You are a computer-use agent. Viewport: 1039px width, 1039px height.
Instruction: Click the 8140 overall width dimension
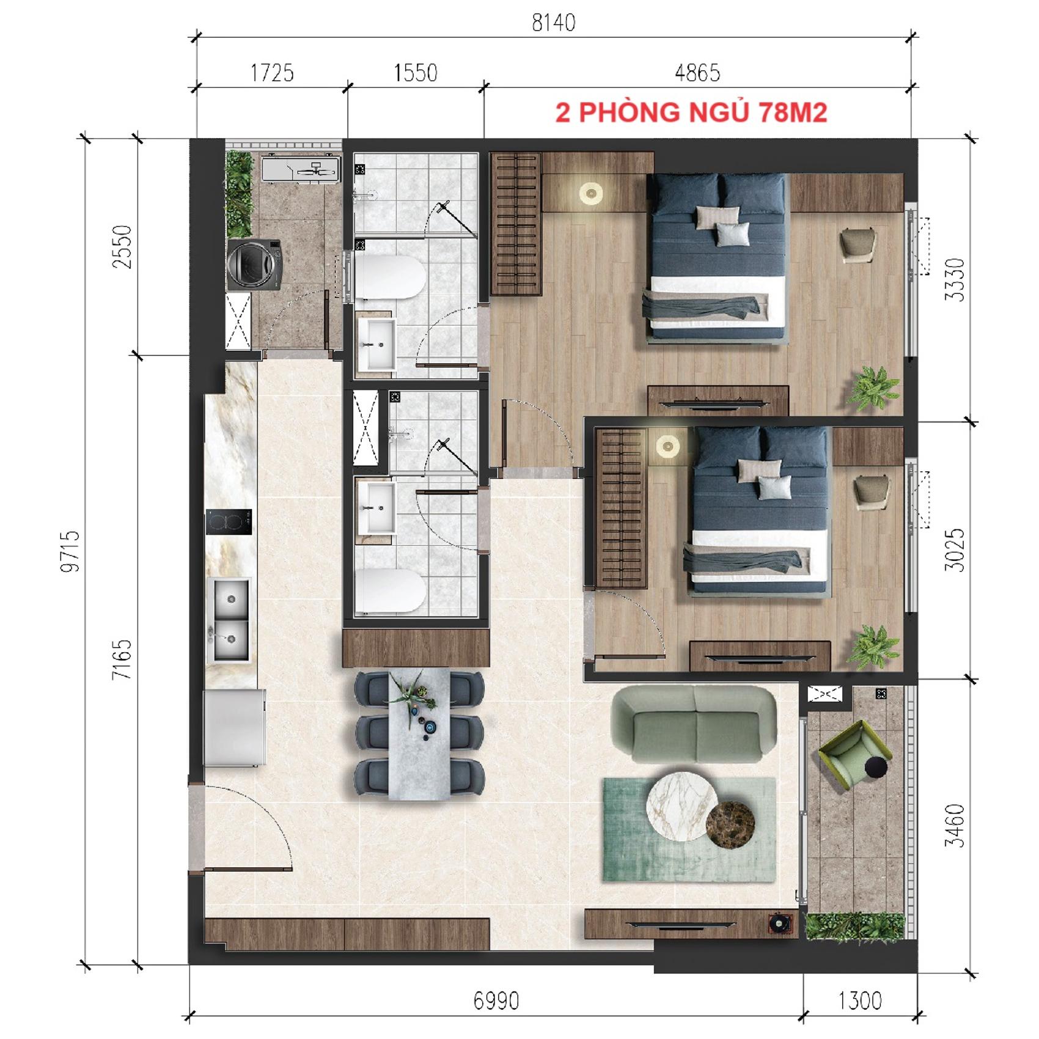(553, 23)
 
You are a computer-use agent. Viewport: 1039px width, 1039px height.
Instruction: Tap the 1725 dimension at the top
(272, 73)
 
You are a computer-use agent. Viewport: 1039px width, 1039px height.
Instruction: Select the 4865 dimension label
(697, 73)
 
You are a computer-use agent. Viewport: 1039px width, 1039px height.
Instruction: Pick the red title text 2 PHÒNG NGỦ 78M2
(691, 112)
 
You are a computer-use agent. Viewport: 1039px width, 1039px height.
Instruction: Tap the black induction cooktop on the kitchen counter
(229, 521)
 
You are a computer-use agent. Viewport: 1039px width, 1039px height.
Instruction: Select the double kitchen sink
(230, 620)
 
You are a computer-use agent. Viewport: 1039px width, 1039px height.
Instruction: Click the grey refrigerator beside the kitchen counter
(235, 727)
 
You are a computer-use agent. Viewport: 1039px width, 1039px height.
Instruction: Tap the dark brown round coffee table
(730, 824)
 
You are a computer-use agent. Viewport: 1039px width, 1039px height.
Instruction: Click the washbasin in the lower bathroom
(376, 508)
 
